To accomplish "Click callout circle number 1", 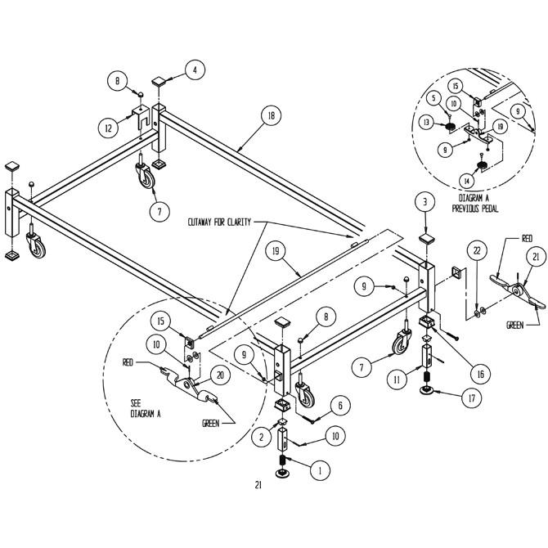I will (x=320, y=471).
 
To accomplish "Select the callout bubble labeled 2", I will (x=262, y=438).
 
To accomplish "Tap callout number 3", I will (x=424, y=201).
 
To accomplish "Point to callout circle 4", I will (x=194, y=70).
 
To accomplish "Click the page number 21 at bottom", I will (x=258, y=486).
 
